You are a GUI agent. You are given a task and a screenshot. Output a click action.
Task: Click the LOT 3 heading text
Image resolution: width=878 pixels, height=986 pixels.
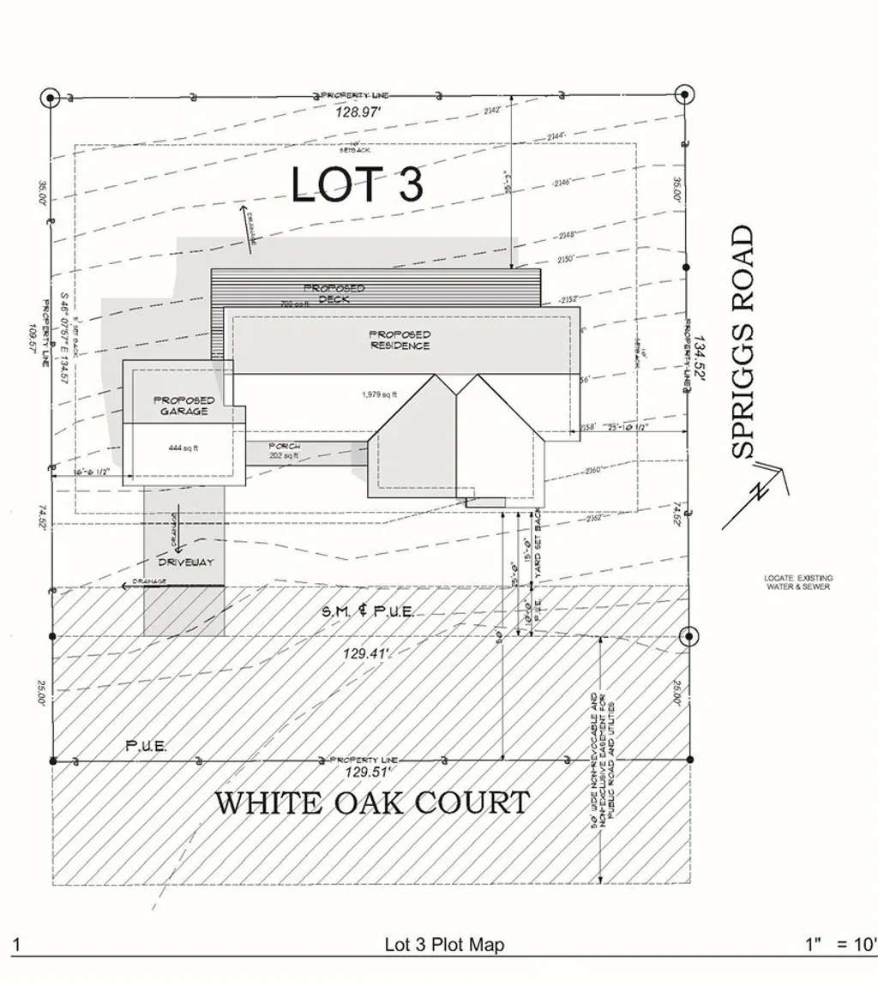click(358, 184)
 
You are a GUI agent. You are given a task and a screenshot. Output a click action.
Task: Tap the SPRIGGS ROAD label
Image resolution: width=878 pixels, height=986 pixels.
click(743, 341)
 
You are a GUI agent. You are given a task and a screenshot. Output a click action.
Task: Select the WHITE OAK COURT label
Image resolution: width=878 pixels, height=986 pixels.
click(371, 803)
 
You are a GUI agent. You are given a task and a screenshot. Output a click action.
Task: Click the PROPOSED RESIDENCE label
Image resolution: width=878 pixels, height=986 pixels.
click(400, 340)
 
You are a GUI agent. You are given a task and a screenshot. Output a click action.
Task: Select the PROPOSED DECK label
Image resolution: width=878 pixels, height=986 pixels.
click(334, 293)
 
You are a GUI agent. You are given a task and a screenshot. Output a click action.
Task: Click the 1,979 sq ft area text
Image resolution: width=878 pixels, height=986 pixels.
click(379, 395)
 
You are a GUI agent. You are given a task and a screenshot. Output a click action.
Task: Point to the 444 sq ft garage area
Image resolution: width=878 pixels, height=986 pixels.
click(183, 448)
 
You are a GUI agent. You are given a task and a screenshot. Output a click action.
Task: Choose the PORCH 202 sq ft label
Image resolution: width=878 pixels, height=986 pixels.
click(284, 451)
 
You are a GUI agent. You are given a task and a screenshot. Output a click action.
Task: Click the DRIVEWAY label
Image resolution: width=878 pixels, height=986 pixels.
click(185, 562)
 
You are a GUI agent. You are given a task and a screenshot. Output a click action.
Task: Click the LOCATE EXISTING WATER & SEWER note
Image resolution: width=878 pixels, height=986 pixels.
click(797, 582)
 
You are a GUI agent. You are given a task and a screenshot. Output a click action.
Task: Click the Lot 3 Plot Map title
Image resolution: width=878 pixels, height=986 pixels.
click(444, 945)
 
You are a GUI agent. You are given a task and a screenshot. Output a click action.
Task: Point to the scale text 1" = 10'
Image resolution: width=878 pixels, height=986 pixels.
click(841, 945)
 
